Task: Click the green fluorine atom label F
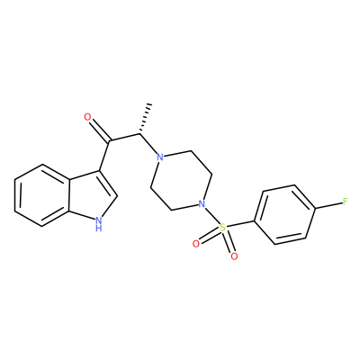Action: click(x=346, y=201)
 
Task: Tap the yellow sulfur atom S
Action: click(x=222, y=227)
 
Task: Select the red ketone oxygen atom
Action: click(x=87, y=117)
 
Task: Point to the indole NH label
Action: click(x=99, y=224)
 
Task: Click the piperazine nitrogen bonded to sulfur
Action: click(x=202, y=204)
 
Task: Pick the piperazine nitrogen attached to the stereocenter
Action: click(x=161, y=157)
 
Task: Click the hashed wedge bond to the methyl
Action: click(x=145, y=119)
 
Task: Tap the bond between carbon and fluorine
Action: click(x=328, y=205)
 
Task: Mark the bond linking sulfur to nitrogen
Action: click(x=211, y=216)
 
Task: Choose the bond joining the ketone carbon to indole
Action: click(x=104, y=156)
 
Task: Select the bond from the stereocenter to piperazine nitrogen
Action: click(x=148, y=144)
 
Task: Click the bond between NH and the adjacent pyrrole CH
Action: click(x=110, y=206)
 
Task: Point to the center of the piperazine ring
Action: click(x=181, y=181)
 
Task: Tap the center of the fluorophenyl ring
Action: click(x=284, y=214)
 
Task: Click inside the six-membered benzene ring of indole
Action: click(x=42, y=195)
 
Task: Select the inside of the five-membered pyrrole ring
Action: click(x=92, y=195)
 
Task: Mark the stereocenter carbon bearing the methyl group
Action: click(x=139, y=134)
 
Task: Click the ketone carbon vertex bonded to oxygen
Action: click(x=110, y=141)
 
